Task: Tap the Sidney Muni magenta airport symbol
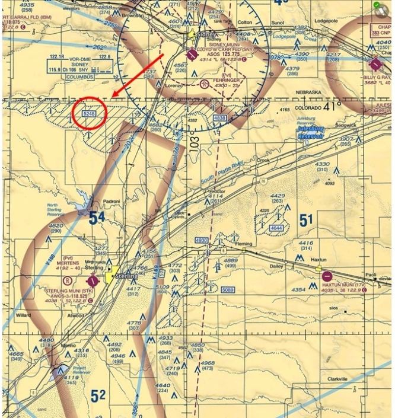coord(192,55)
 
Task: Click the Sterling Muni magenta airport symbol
coord(93,280)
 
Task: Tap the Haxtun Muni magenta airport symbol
coord(327,276)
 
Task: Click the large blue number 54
coord(97,218)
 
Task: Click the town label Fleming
coord(244,244)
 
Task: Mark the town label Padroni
coord(112,201)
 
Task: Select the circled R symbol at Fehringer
coord(205,84)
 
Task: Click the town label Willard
coord(24,315)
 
